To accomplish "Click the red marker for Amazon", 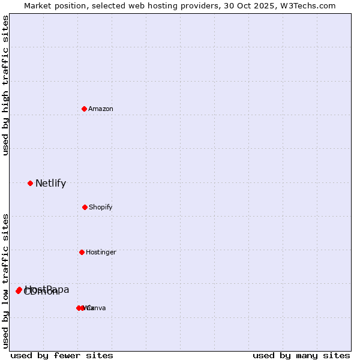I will pyautogui.click(x=85, y=109).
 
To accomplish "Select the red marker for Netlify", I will pyautogui.click(x=30, y=183).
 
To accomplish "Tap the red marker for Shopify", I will pyautogui.click(x=85, y=207).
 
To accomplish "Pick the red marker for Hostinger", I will pyautogui.click(x=82, y=252).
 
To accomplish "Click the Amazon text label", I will pyautogui.click(x=101, y=109).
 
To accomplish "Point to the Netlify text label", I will pyautogui.click(x=50, y=184).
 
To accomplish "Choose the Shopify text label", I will pyautogui.click(x=101, y=207).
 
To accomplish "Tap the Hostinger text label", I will pyautogui.click(x=101, y=252).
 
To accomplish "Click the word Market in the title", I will pyautogui.click(x=38, y=5).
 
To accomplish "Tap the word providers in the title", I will pyautogui.click(x=200, y=5).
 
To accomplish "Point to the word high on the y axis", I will pyautogui.click(x=5, y=103).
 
